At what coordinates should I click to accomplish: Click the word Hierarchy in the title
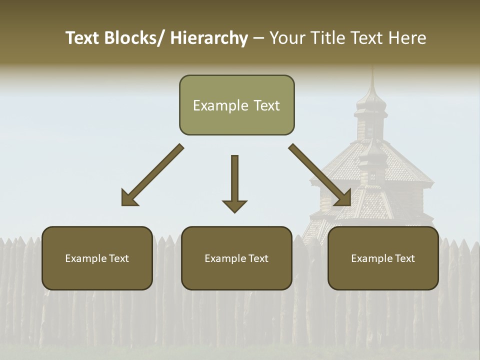tap(209, 38)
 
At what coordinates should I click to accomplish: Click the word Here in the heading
tap(408, 38)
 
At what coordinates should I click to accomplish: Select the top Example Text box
tap(236, 105)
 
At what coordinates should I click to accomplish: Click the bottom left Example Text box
tap(97, 258)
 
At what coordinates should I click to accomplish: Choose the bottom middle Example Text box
tap(236, 258)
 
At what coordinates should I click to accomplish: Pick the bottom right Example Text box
tap(383, 258)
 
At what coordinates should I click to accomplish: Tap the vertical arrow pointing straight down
tap(234, 180)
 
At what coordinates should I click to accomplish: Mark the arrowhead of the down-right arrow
tap(344, 198)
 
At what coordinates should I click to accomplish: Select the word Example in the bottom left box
tap(83, 258)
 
